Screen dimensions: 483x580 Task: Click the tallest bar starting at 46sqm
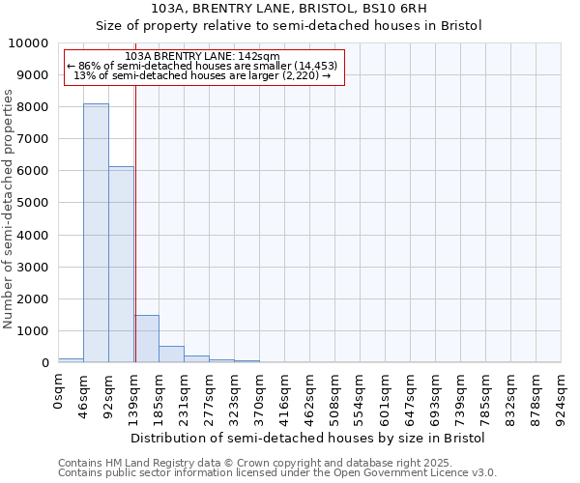point(96,233)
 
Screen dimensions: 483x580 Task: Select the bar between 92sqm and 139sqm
point(121,265)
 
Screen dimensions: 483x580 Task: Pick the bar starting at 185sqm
point(171,354)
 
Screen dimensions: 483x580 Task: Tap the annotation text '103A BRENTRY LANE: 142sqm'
point(203,57)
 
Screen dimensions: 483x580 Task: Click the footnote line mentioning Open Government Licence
point(277,472)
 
